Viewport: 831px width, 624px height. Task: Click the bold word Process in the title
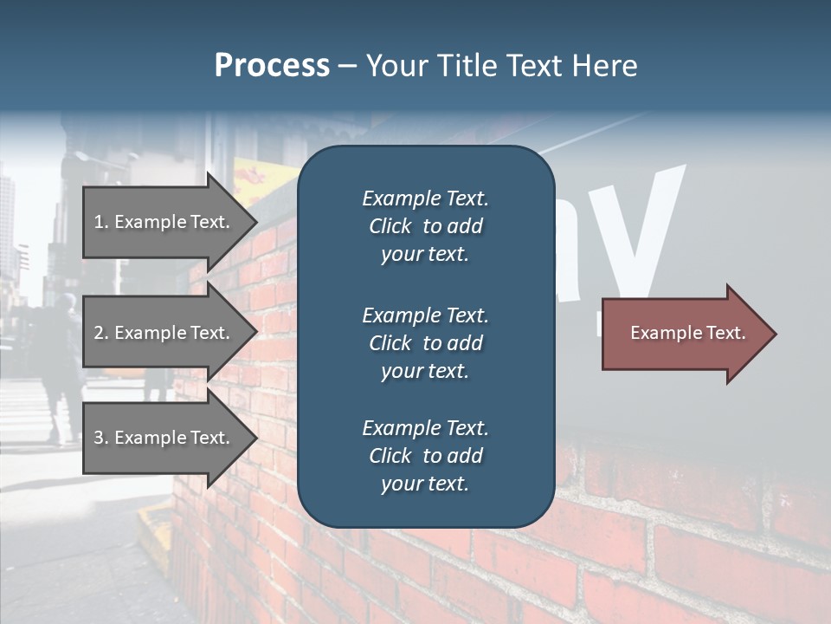(x=272, y=66)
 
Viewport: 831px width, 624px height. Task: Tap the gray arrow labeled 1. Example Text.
(x=164, y=222)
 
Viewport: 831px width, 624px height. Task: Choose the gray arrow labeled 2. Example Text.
(x=164, y=333)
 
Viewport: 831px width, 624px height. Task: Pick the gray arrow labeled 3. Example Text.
(x=164, y=438)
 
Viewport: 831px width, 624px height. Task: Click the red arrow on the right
(x=684, y=334)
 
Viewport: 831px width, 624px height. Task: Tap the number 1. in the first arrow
(x=101, y=222)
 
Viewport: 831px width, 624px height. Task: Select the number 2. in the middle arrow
(x=101, y=333)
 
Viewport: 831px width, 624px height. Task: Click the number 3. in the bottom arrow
(x=101, y=438)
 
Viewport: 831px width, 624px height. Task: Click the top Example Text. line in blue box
(x=425, y=198)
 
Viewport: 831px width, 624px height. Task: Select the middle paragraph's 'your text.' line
(x=425, y=371)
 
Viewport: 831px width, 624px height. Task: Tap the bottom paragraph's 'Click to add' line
(x=425, y=456)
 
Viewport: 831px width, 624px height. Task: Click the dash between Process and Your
(x=347, y=67)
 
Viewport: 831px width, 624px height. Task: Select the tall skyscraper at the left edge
(x=6, y=225)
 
